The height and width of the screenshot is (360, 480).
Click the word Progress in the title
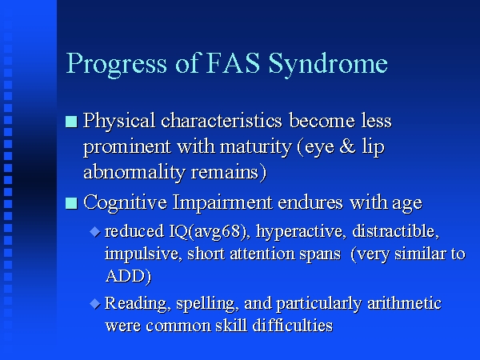117,65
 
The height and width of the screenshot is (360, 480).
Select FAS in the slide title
234,63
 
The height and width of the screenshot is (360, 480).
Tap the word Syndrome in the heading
328,65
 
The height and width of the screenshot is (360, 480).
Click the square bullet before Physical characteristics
71,122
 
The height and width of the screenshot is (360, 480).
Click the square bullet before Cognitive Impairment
71,203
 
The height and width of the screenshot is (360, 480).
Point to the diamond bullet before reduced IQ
95,232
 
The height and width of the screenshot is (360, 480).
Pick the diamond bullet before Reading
95,304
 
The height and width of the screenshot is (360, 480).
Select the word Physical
119,122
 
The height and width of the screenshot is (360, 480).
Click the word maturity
256,147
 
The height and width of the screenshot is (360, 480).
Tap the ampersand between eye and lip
347,146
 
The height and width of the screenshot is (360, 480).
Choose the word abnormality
134,173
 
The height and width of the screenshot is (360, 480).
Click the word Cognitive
125,203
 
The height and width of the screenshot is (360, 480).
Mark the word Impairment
222,203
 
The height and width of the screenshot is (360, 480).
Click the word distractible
395,231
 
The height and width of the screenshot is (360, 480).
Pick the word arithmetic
404,303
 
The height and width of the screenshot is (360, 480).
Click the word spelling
207,304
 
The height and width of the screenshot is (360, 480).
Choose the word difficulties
292,325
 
